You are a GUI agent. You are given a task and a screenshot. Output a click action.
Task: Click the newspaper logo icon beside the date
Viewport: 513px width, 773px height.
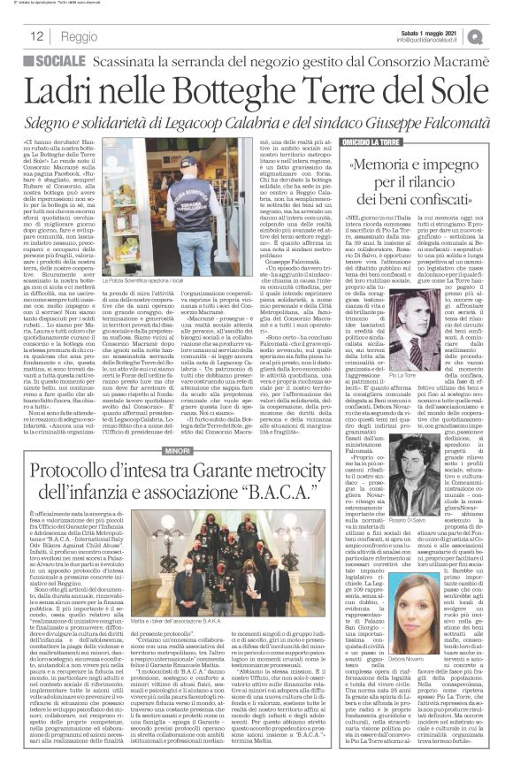tap(500, 35)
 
